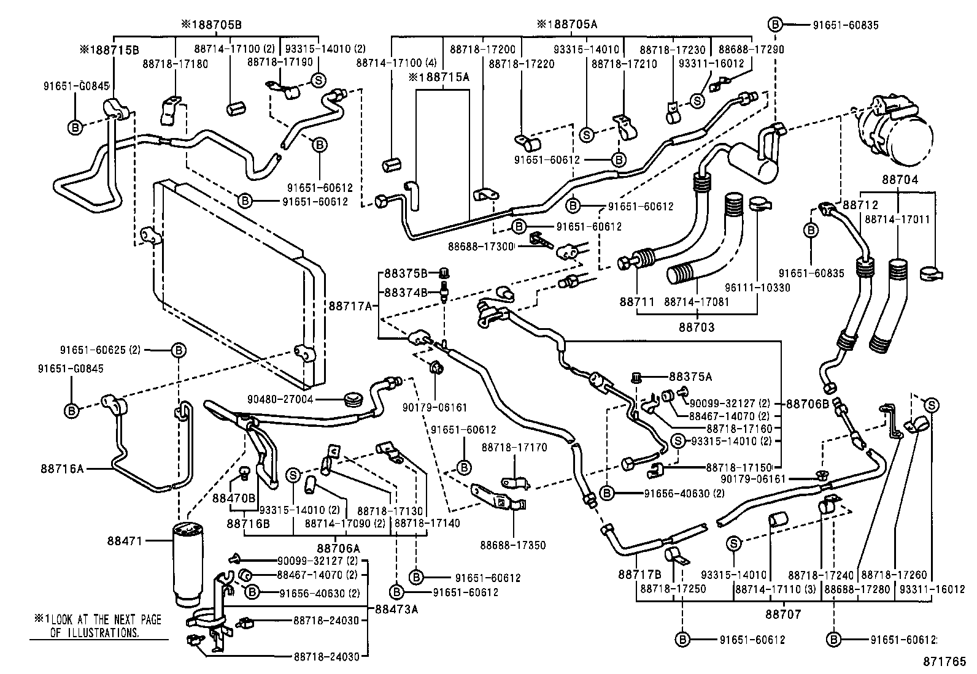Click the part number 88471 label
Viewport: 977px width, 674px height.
[x=125, y=541]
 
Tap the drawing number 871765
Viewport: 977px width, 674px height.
[x=945, y=662]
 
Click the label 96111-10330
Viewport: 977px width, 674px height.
[x=760, y=288]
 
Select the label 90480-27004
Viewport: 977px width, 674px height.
[x=280, y=399]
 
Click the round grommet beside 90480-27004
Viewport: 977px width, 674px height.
[x=352, y=400]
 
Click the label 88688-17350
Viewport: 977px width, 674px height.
[x=513, y=545]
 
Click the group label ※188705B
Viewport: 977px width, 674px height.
[x=211, y=25]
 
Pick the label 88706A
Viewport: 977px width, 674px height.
[x=339, y=548]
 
